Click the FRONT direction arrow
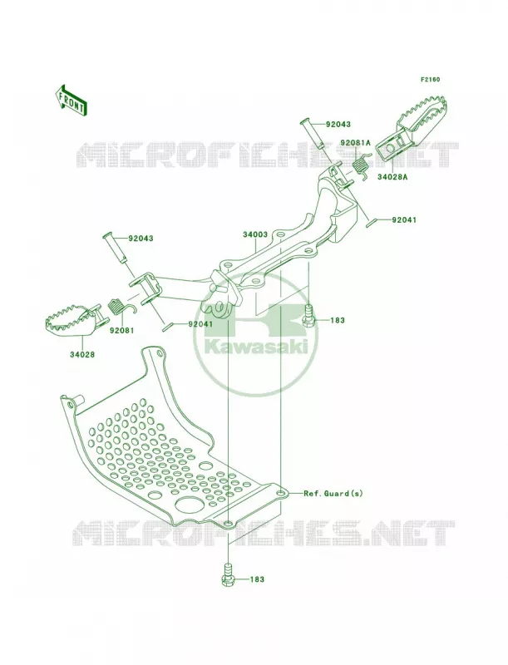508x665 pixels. coord(72,100)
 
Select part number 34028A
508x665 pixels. coord(392,177)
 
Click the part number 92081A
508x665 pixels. coord(355,143)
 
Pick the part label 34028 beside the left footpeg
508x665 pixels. coord(82,355)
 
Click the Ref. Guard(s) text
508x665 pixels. coord(333,494)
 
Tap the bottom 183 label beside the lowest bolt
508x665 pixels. coord(257,579)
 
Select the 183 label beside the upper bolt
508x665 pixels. coord(337,320)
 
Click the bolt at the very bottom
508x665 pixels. coord(228,574)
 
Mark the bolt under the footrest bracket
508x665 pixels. coord(308,316)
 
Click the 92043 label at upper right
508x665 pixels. coord(338,124)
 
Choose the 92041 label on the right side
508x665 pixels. coord(404,220)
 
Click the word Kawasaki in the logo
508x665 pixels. coord(256,347)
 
